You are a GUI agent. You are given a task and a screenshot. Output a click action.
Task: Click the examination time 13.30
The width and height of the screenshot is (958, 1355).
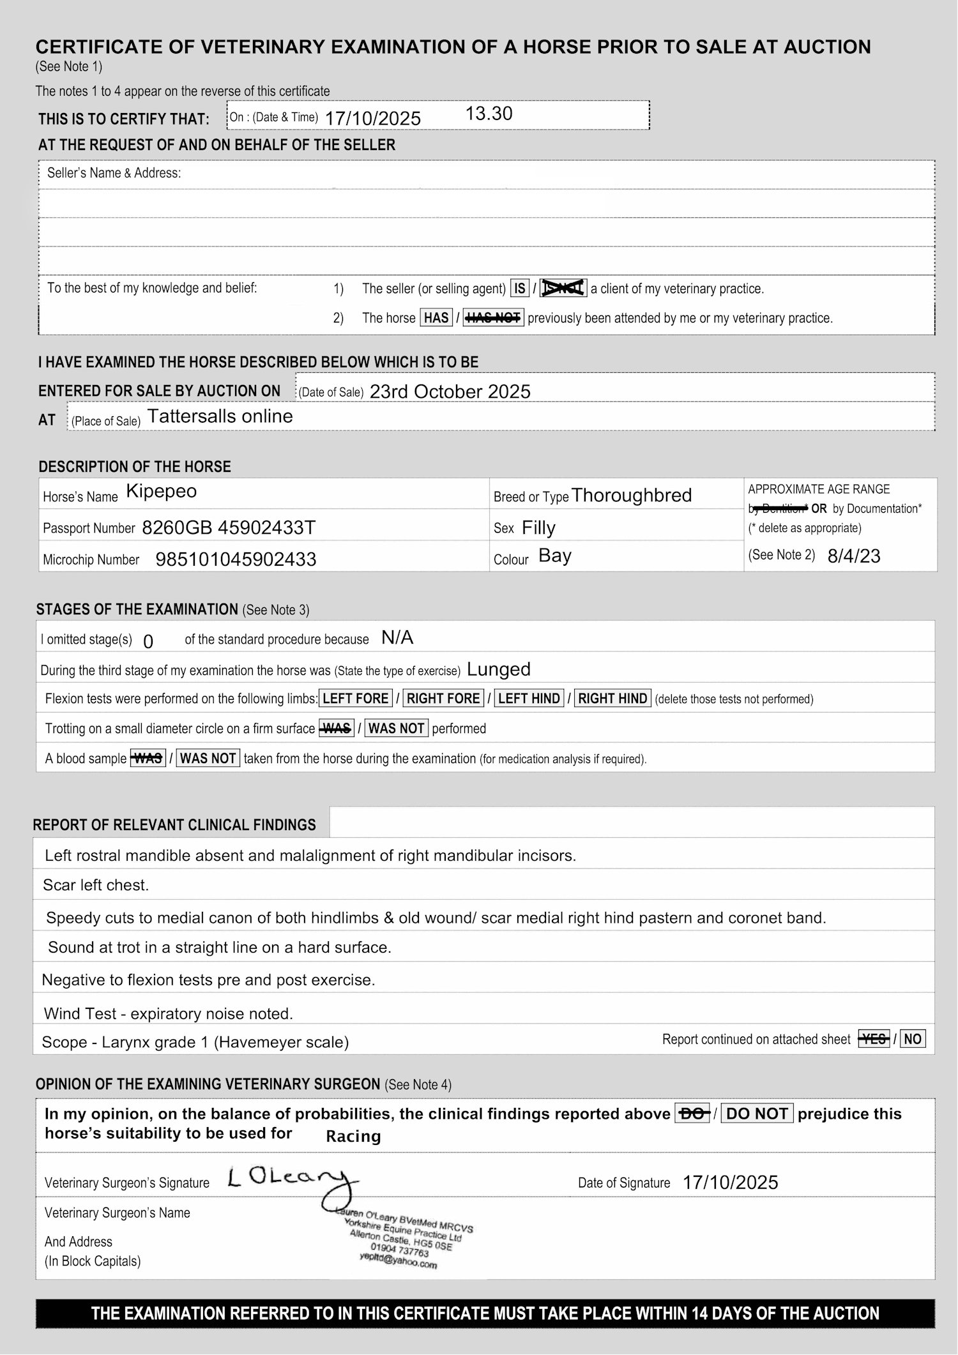click(x=489, y=114)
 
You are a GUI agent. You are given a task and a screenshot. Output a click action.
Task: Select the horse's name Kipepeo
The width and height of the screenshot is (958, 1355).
click(x=162, y=491)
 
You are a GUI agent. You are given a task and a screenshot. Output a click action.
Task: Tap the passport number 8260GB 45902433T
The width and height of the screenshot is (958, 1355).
click(x=229, y=527)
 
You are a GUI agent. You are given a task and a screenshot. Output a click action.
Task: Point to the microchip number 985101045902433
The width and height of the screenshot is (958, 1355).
click(x=236, y=559)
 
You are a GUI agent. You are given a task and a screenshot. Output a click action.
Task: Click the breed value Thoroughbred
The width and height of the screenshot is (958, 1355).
click(x=631, y=496)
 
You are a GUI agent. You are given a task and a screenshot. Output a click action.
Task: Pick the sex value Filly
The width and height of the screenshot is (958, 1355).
click(x=538, y=527)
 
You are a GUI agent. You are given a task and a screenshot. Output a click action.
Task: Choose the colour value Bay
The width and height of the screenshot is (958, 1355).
click(x=554, y=556)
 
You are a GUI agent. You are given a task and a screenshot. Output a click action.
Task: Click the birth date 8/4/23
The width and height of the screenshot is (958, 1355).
click(x=853, y=556)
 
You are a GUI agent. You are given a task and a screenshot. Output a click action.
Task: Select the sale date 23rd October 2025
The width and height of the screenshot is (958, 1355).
click(x=450, y=391)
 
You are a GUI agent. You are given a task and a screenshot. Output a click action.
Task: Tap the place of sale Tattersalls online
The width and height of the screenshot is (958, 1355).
click(x=220, y=416)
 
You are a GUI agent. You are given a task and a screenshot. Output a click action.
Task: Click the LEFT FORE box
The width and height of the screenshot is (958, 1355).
click(x=355, y=699)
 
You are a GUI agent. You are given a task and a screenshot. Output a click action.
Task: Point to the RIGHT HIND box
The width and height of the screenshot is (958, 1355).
click(x=612, y=699)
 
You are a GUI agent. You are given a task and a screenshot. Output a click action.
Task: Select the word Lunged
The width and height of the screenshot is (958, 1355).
click(x=499, y=669)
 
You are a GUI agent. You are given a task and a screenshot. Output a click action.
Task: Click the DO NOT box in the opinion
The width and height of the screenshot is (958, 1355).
click(x=757, y=1114)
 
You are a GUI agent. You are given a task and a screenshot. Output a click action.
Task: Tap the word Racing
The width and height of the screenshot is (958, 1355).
click(x=353, y=1137)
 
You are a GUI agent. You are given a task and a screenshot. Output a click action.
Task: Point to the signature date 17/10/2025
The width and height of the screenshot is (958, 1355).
click(x=730, y=1183)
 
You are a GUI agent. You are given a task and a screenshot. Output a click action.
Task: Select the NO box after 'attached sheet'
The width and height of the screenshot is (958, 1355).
click(x=912, y=1040)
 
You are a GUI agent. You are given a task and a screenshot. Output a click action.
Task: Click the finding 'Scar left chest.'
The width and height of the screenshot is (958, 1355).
click(x=96, y=885)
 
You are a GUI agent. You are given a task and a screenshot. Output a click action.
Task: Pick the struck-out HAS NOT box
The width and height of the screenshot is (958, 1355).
click(x=493, y=318)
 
